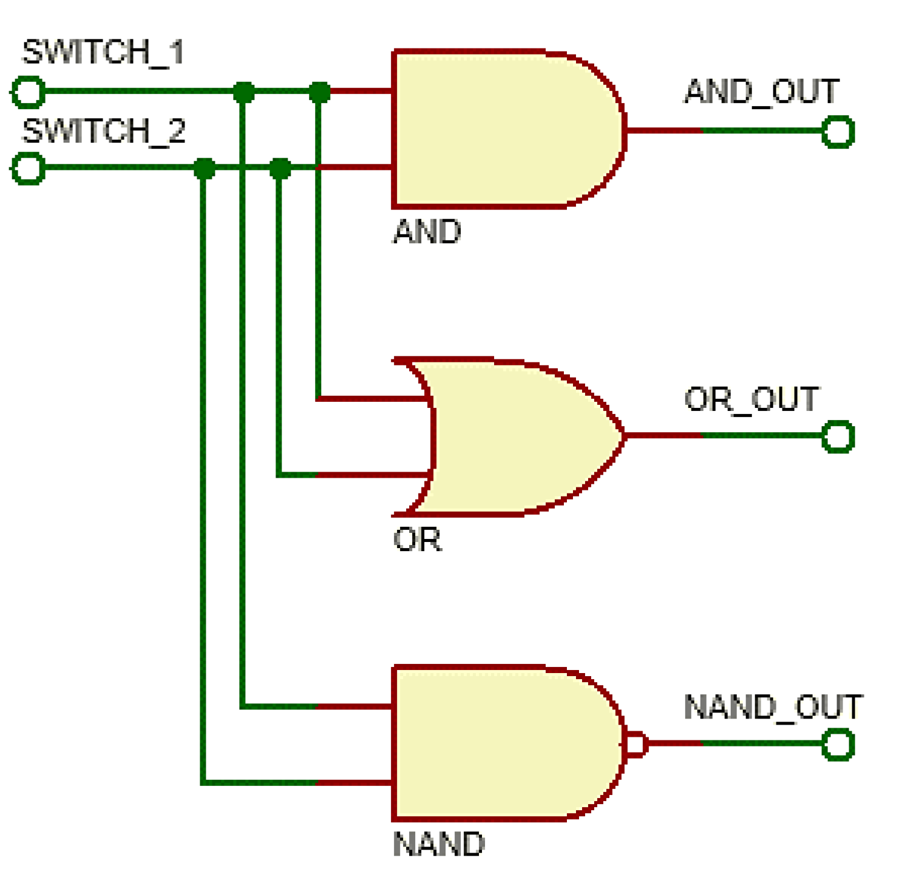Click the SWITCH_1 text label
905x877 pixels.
[103, 52]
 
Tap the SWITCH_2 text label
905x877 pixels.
[103, 131]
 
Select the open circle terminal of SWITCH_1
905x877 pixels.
[28, 92]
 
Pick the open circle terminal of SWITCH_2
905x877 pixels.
[28, 168]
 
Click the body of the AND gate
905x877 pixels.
[498, 129]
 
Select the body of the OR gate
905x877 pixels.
[516, 436]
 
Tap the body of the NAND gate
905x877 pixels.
[498, 743]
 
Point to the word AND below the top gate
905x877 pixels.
[427, 232]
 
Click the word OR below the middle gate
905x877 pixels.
[418, 539]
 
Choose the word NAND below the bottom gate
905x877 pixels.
[438, 844]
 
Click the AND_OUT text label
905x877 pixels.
[762, 92]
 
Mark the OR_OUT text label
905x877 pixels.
[751, 399]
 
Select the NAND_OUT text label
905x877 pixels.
[773, 707]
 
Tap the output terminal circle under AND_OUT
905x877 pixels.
[838, 132]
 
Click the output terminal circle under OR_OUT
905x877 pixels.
[838, 436]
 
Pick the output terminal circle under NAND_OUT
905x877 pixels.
[838, 745]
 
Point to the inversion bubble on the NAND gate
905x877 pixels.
[636, 744]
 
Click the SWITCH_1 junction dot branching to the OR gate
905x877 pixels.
[319, 93]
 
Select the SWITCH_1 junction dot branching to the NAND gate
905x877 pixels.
[243, 93]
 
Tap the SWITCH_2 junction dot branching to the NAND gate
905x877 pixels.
[204, 169]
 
